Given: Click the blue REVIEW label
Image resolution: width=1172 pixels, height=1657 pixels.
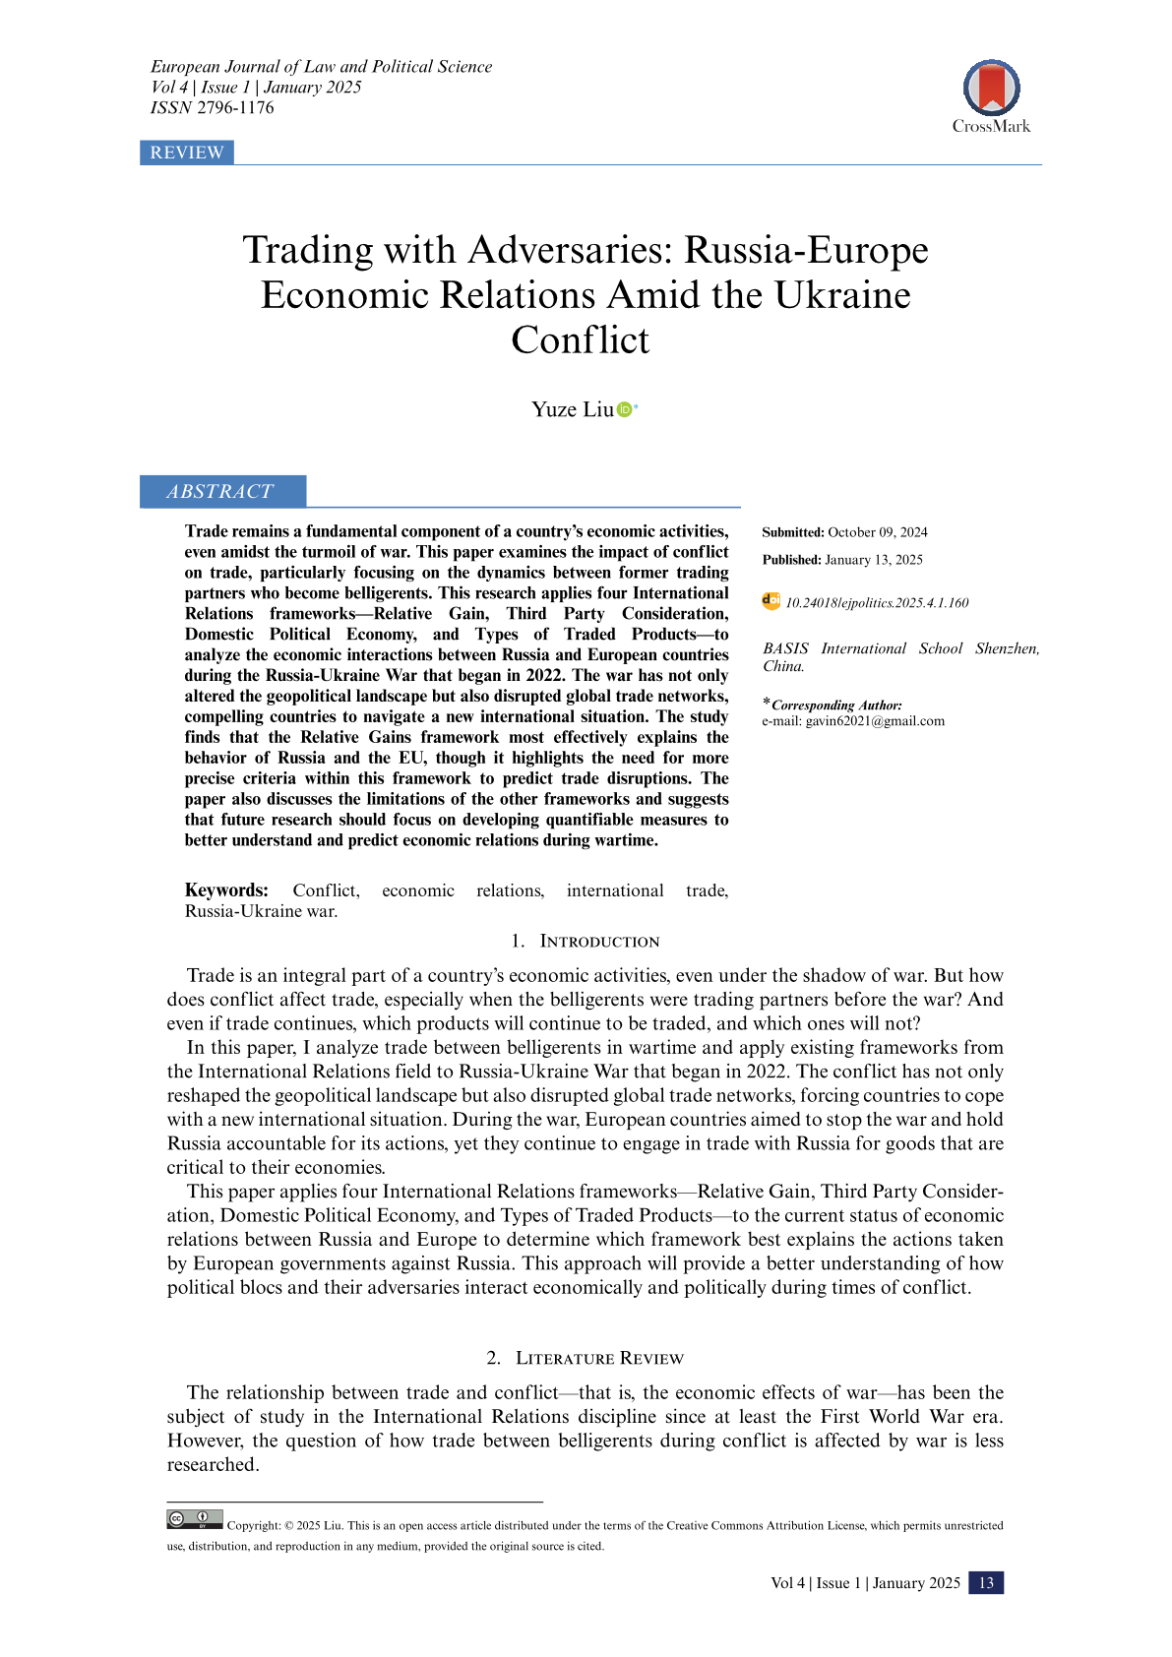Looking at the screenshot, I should (187, 153).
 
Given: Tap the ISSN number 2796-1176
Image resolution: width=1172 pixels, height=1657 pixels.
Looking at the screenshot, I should (235, 108).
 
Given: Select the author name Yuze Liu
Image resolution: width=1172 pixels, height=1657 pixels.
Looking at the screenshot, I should (572, 409).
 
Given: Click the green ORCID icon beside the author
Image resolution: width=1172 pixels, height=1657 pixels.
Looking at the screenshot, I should (624, 409).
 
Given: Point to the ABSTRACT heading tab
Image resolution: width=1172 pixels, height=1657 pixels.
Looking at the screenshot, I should (221, 491).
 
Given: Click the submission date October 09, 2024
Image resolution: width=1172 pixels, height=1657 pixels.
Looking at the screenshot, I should (878, 532).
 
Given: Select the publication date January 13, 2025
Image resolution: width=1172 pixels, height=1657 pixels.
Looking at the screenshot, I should (874, 560).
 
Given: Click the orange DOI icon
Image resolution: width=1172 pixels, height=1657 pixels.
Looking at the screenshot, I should (771, 601).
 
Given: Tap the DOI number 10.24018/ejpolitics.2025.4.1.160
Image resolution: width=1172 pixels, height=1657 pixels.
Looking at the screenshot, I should (877, 603).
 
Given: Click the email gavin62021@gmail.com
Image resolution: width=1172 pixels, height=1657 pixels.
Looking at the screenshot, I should (875, 721).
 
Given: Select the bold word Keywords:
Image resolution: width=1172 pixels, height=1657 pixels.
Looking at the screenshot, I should (226, 890).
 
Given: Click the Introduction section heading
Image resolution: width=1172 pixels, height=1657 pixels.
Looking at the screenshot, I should (599, 942).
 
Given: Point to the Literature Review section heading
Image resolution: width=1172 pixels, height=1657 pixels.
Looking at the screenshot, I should (599, 1359).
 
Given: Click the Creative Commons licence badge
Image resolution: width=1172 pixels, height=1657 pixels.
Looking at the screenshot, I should (195, 1519).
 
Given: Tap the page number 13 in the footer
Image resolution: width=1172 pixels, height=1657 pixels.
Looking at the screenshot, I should (986, 1582).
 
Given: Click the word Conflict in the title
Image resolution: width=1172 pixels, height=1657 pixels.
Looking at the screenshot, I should (581, 340).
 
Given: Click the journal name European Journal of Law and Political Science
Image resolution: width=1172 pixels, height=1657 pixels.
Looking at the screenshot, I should (322, 67).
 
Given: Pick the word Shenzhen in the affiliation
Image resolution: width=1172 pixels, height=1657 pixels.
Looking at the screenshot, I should (1006, 648).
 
